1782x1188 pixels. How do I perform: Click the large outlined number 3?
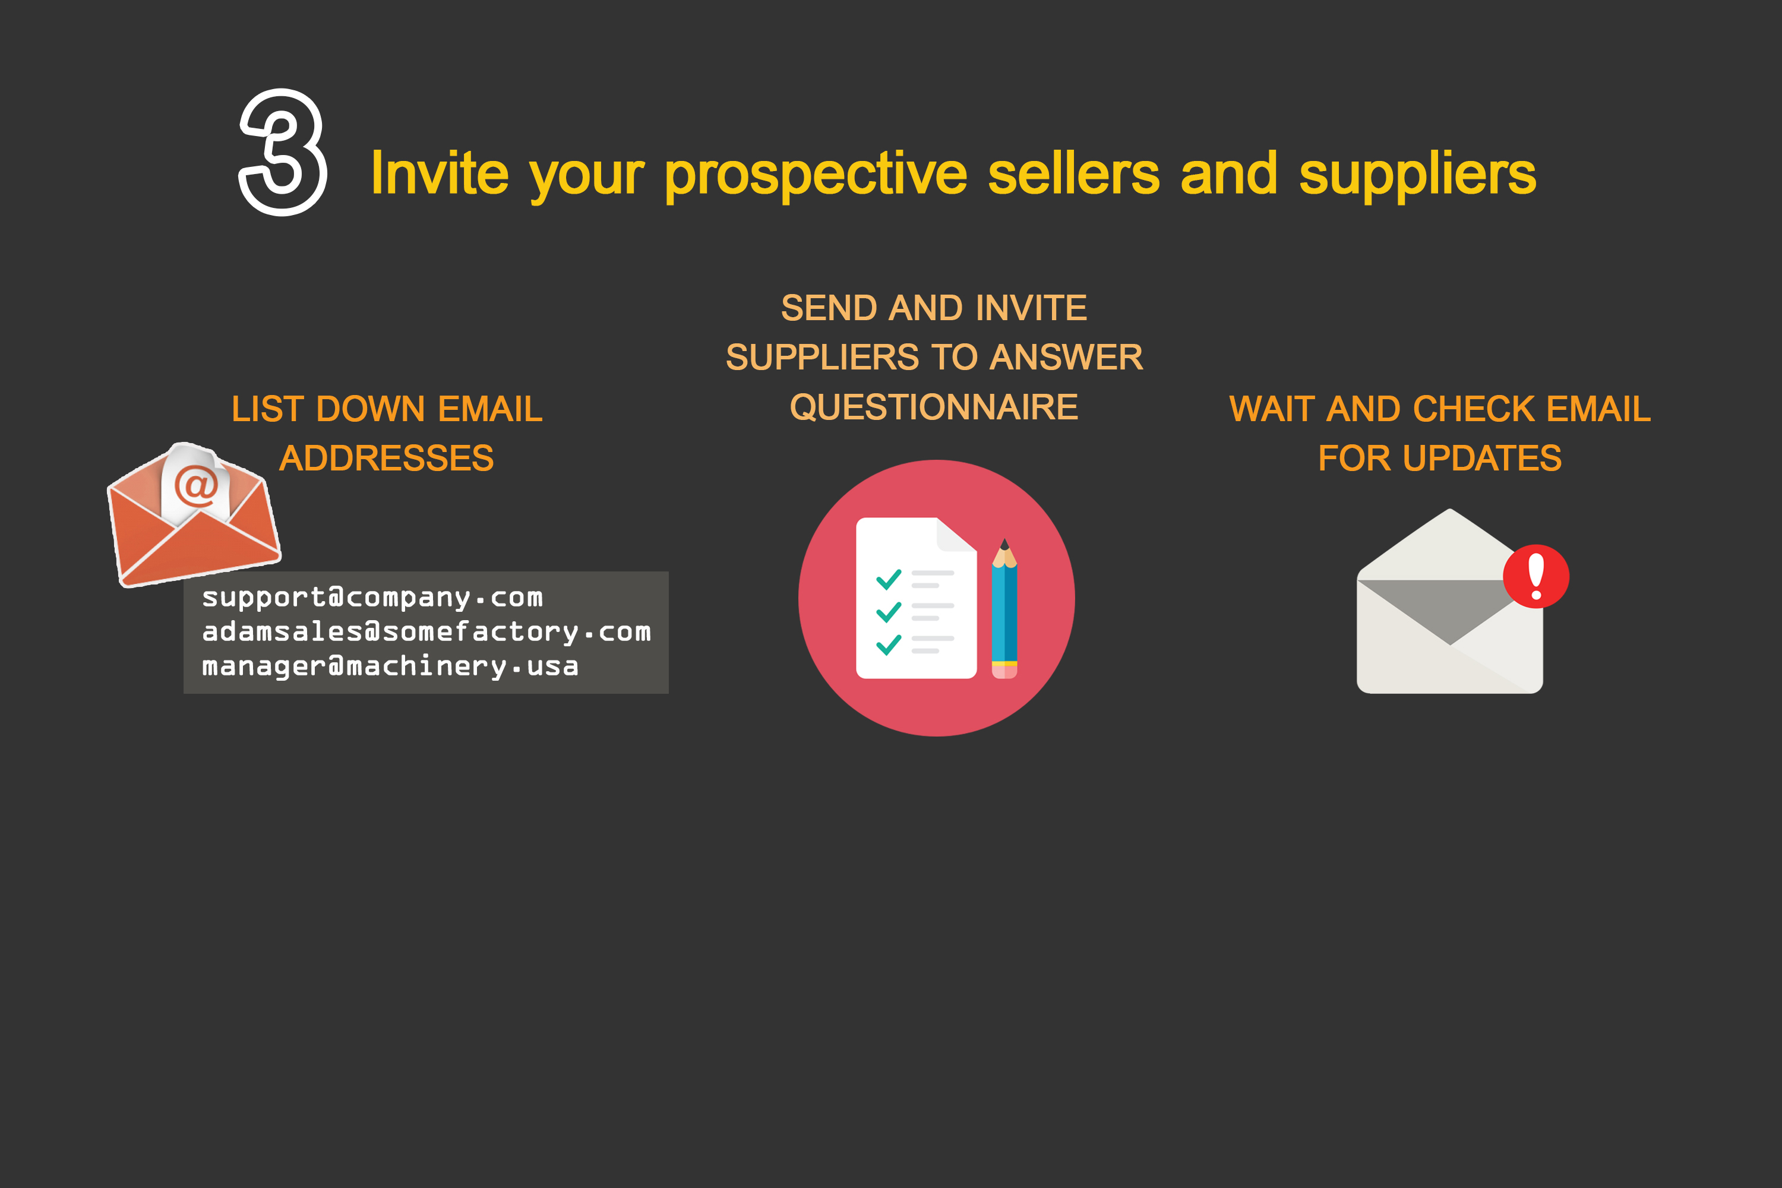click(283, 152)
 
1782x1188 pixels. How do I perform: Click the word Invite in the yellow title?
click(439, 174)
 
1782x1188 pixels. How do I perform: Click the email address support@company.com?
click(372, 598)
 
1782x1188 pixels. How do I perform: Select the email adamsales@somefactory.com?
click(426, 632)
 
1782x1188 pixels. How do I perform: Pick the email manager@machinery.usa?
click(390, 666)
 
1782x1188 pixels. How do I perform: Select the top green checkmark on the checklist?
click(888, 580)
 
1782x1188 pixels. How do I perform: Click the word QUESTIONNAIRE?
click(933, 407)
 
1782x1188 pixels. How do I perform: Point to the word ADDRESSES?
click(387, 459)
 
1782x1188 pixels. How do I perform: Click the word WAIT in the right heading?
click(1271, 409)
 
